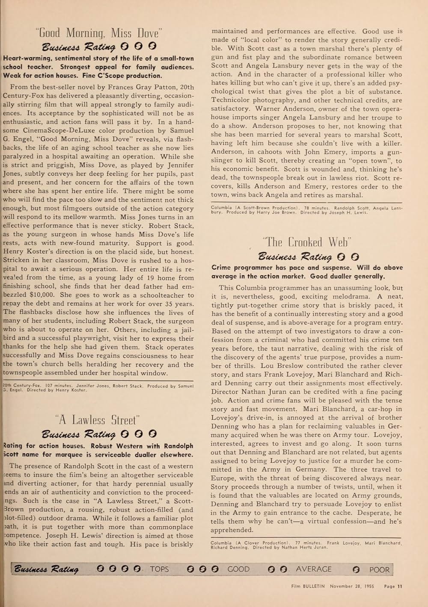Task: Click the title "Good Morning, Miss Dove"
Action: tap(98, 33)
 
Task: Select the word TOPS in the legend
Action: tap(159, 569)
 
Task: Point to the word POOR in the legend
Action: tap(379, 569)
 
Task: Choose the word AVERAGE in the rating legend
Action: tap(314, 569)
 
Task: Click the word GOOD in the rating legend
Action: tap(238, 569)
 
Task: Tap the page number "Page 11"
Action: tap(393, 586)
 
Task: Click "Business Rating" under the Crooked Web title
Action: tap(295, 257)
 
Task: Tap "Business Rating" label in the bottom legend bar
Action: tap(46, 569)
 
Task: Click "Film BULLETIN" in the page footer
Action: tap(306, 586)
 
